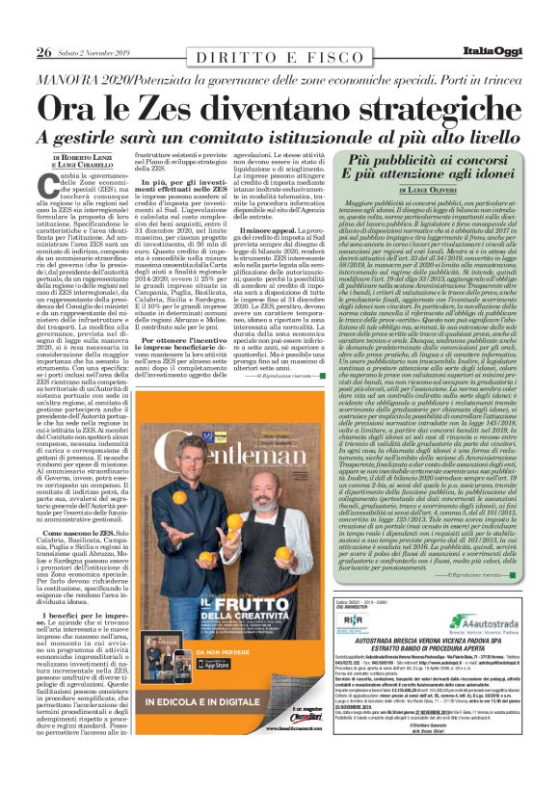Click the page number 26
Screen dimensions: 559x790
point(44,51)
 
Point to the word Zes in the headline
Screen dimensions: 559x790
point(186,105)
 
